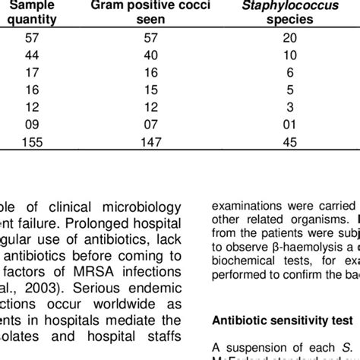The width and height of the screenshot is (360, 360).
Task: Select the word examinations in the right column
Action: point(245,207)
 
